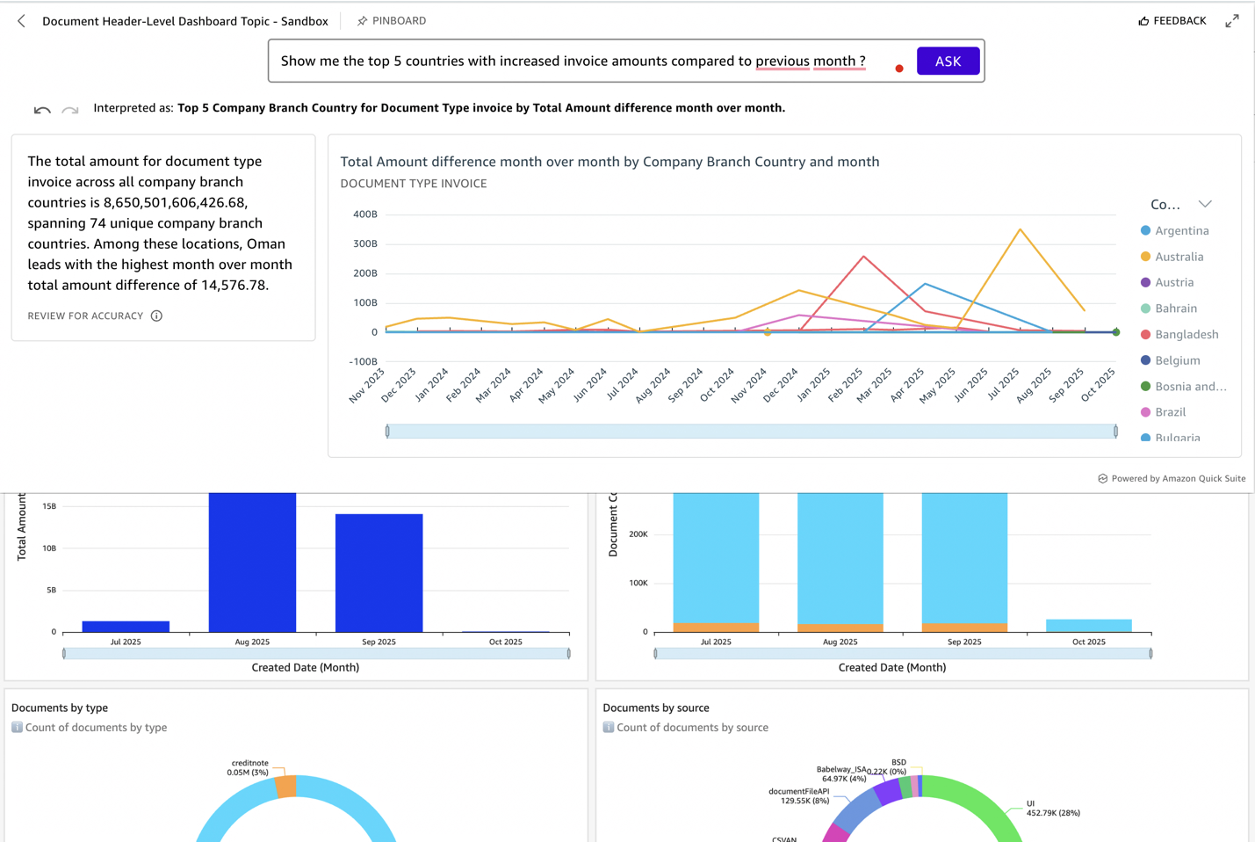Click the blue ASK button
[948, 61]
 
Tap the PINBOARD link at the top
[392, 20]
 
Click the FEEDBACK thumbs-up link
[1172, 20]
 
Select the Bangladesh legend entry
[1186, 334]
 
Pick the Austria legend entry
[1173, 282]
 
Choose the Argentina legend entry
[1181, 230]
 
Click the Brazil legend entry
[1170, 411]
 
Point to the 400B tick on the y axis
[364, 214]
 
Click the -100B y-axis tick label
[363, 361]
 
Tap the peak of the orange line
[1020, 229]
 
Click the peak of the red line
[864, 257]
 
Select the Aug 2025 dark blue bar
[252, 563]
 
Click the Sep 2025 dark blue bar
[379, 572]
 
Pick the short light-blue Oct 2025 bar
[1088, 625]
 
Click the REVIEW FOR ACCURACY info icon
[156, 316]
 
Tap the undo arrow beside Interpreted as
[42, 110]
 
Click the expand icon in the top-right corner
[1232, 20]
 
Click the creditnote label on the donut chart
[249, 763]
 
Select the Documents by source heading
[655, 708]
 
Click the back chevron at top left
[21, 20]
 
